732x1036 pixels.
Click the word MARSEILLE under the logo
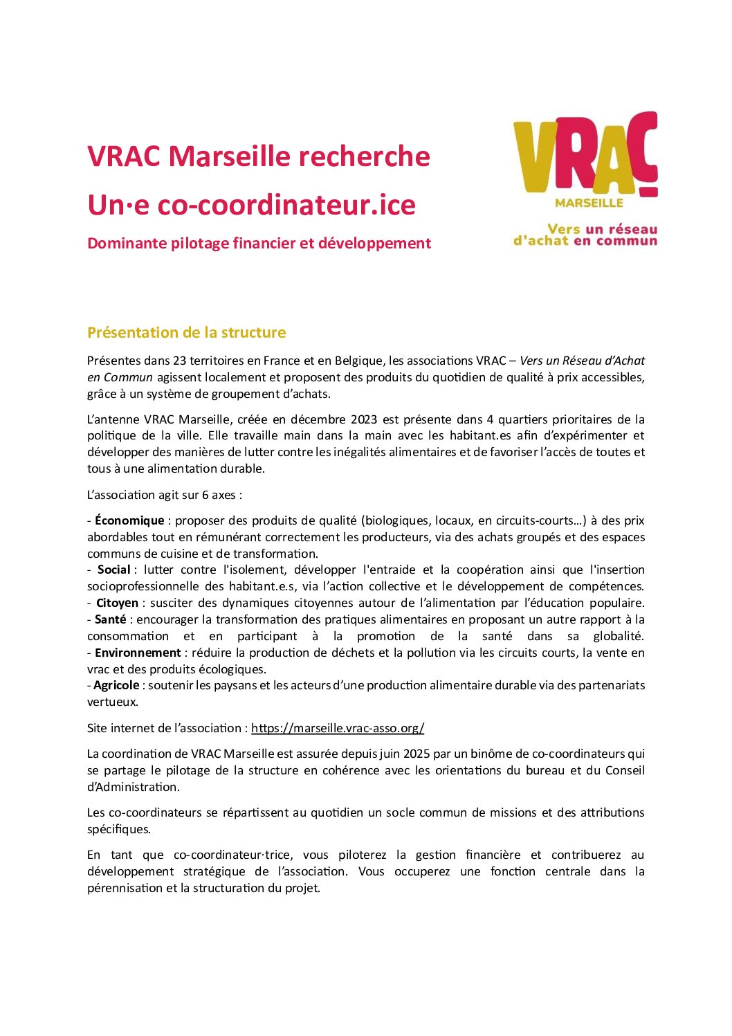589,203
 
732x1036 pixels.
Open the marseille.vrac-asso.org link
338,728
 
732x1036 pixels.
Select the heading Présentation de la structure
186,333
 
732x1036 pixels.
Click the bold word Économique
129,520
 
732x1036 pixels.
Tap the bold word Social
113,570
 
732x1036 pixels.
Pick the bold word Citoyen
117,603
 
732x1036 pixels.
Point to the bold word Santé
111,619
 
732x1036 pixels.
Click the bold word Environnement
138,653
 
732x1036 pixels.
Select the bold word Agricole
116,685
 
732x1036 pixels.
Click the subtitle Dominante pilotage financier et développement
259,244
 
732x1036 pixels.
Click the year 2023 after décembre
363,419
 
